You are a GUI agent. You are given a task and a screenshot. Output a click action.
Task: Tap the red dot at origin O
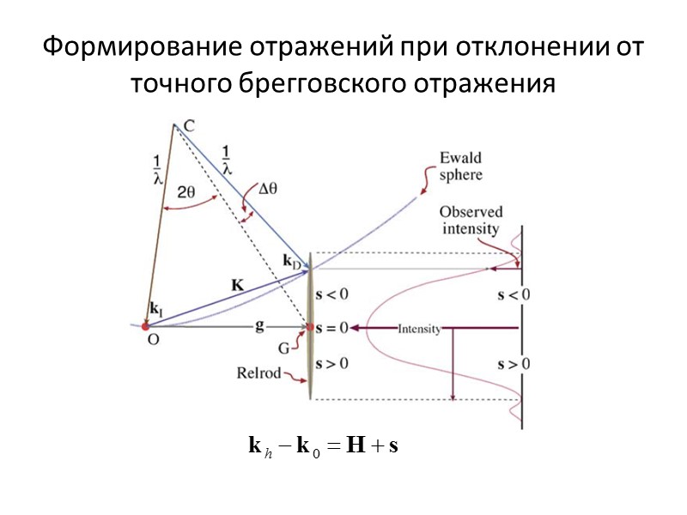coord(146,326)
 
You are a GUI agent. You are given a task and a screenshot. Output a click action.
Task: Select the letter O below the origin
coord(153,339)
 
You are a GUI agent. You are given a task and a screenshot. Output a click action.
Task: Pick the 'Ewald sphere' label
coord(460,166)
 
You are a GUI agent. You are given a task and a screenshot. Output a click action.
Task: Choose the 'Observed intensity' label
coord(471,219)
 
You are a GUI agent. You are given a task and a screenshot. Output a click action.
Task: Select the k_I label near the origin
coord(155,306)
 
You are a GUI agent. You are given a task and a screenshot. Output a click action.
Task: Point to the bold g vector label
coord(258,325)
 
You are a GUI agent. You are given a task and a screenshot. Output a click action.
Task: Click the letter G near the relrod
coord(284,348)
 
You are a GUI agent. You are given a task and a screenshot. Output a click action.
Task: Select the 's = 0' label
coord(332,327)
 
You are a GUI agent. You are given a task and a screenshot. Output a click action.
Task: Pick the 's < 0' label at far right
coord(514,295)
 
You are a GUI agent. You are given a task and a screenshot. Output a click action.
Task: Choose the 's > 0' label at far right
coord(514,363)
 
